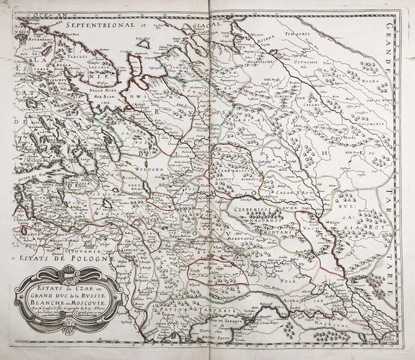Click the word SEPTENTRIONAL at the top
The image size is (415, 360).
click(x=99, y=25)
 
